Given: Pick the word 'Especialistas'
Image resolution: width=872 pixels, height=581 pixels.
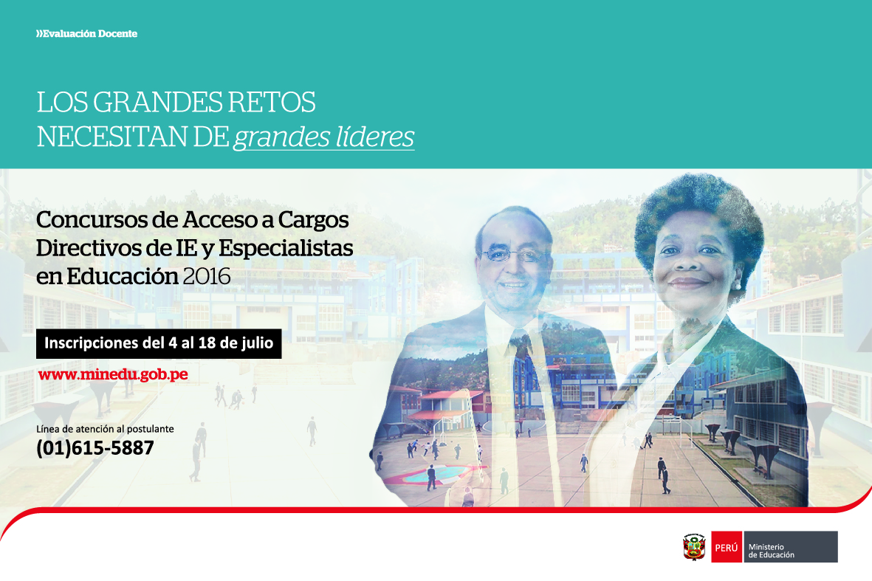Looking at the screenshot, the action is click(x=286, y=249).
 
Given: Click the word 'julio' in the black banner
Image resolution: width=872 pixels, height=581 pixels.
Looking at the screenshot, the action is click(x=258, y=343).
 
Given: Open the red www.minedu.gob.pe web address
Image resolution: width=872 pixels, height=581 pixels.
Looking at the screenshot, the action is click(x=113, y=375).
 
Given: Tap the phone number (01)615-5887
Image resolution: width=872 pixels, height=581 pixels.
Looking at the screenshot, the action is click(x=95, y=448).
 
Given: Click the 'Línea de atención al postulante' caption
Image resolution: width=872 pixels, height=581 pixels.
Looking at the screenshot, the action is click(x=105, y=429).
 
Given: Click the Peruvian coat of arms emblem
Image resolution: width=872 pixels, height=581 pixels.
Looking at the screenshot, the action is click(x=694, y=547).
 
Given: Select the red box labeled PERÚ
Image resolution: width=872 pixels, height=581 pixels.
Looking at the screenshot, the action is click(x=727, y=547).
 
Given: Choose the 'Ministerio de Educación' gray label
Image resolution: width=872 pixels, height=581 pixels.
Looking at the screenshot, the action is click(x=790, y=547).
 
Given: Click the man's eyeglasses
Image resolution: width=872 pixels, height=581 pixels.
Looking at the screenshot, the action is click(x=513, y=255).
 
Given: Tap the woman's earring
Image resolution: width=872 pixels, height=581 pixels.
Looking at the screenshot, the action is click(x=737, y=286).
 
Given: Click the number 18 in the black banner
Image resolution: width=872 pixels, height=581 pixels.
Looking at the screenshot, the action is click(x=207, y=343).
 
